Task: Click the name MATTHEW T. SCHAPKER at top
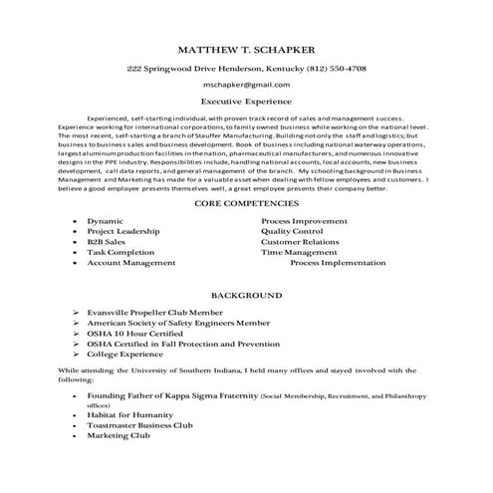246,49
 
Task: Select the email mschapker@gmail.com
246,86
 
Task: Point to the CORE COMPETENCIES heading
246,203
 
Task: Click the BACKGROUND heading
246,296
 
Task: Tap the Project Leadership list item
123,230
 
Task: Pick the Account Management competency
130,263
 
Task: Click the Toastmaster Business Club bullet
139,425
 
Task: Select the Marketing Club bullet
118,436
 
